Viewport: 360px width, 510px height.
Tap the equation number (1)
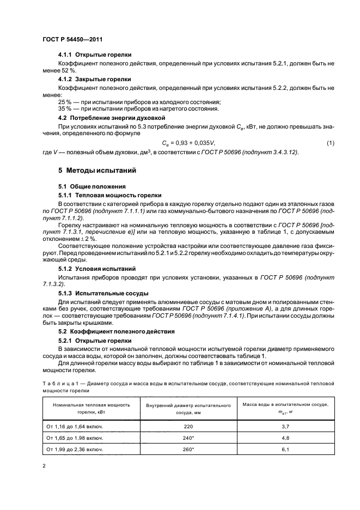tap(330, 143)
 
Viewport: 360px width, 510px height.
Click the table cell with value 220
tap(189, 425)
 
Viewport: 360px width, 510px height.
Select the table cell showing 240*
tap(189, 438)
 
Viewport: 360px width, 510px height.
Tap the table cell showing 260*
tap(189, 450)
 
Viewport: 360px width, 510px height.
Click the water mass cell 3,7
tap(288, 425)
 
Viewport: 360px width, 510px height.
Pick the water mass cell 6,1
tap(288, 450)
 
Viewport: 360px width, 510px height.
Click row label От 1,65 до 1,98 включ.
tap(76, 438)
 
